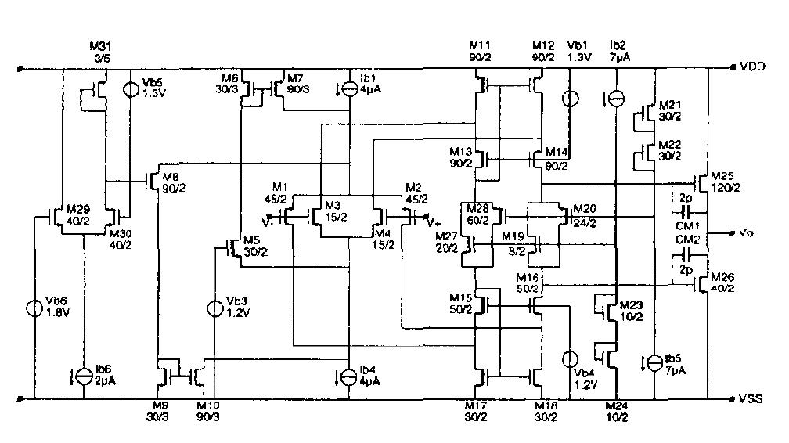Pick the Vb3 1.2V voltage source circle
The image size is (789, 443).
tap(215, 308)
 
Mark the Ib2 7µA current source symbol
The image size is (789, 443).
tap(617, 99)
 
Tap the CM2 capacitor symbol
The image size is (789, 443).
tap(686, 254)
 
